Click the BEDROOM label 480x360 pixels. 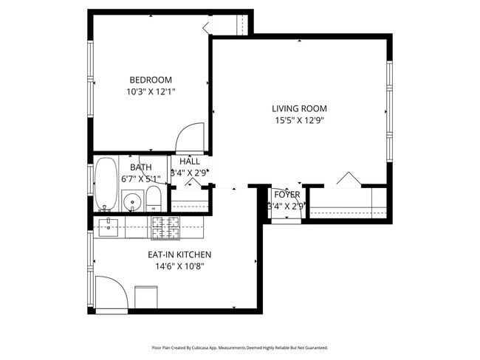[x=151, y=80]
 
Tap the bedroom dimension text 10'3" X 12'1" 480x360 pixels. [x=151, y=92]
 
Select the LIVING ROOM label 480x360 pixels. [x=299, y=108]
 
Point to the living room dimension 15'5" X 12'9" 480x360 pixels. [x=299, y=120]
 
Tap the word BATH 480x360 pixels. [x=141, y=167]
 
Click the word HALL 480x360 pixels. [x=190, y=162]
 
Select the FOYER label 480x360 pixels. [x=287, y=195]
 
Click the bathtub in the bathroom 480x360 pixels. [x=106, y=184]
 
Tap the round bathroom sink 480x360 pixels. [x=133, y=200]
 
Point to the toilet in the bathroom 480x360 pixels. [x=154, y=198]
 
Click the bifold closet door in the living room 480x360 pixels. [x=347, y=179]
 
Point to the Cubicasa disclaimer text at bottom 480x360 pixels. [x=239, y=347]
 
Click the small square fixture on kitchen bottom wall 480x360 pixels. [x=145, y=297]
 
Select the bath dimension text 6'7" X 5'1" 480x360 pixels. [x=141, y=179]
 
